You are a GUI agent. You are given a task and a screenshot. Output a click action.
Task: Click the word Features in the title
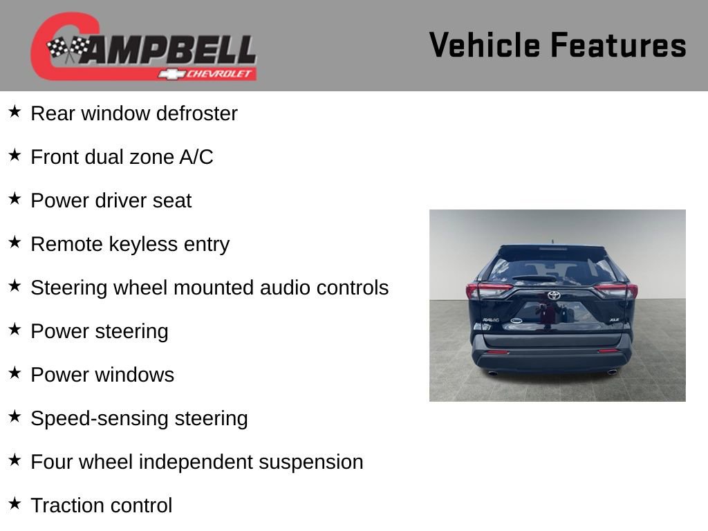click(x=619, y=45)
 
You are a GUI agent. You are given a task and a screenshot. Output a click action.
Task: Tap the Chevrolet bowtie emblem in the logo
click(x=171, y=74)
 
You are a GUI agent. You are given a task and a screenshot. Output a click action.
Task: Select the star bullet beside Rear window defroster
click(x=15, y=111)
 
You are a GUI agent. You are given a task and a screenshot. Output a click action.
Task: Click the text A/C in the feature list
click(x=196, y=157)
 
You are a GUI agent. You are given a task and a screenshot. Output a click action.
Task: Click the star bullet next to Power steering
click(x=15, y=330)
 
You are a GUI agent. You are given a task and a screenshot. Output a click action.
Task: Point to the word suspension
click(x=310, y=463)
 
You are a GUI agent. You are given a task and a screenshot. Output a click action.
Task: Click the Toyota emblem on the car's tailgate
click(x=554, y=295)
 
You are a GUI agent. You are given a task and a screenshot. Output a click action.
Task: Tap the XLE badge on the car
click(x=614, y=319)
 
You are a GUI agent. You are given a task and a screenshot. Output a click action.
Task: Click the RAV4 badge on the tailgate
click(x=491, y=320)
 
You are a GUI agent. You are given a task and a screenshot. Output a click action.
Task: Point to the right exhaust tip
click(x=612, y=372)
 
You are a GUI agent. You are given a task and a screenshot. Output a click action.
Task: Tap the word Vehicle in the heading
click(x=485, y=45)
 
